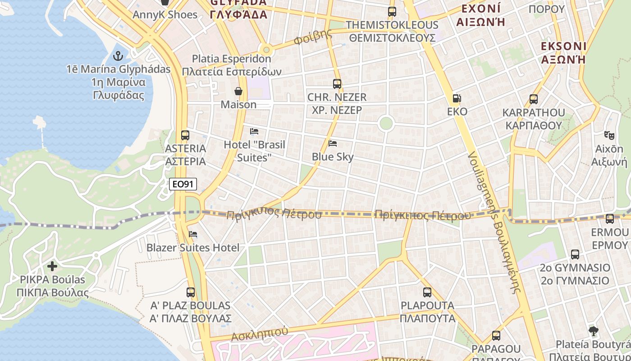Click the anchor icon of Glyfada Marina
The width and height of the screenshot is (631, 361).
(x=118, y=56)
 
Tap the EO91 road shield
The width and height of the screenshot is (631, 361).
(x=183, y=184)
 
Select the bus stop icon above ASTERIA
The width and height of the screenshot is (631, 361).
(x=185, y=135)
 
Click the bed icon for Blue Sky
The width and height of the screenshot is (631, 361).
(x=333, y=143)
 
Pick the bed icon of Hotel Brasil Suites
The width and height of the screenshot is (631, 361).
(x=254, y=131)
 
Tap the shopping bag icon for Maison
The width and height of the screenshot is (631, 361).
(x=238, y=91)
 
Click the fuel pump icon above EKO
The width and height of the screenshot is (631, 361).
(x=457, y=98)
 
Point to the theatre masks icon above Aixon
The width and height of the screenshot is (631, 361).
(x=609, y=135)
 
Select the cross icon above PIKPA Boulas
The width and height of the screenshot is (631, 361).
(x=52, y=266)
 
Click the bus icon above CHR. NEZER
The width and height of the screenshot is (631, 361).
(x=337, y=83)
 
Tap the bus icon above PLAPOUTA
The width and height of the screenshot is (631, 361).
(x=427, y=292)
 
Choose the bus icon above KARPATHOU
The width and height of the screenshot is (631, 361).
(x=534, y=99)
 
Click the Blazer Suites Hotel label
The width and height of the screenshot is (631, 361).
(x=193, y=248)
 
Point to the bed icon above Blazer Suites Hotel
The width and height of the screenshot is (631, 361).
(x=193, y=234)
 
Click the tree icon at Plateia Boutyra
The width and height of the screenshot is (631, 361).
(x=594, y=331)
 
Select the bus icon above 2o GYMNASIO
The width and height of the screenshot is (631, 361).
(x=575, y=254)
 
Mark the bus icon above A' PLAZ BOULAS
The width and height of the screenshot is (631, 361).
(x=191, y=292)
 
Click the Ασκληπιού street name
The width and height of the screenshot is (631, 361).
(x=259, y=334)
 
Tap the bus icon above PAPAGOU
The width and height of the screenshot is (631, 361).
(x=496, y=336)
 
